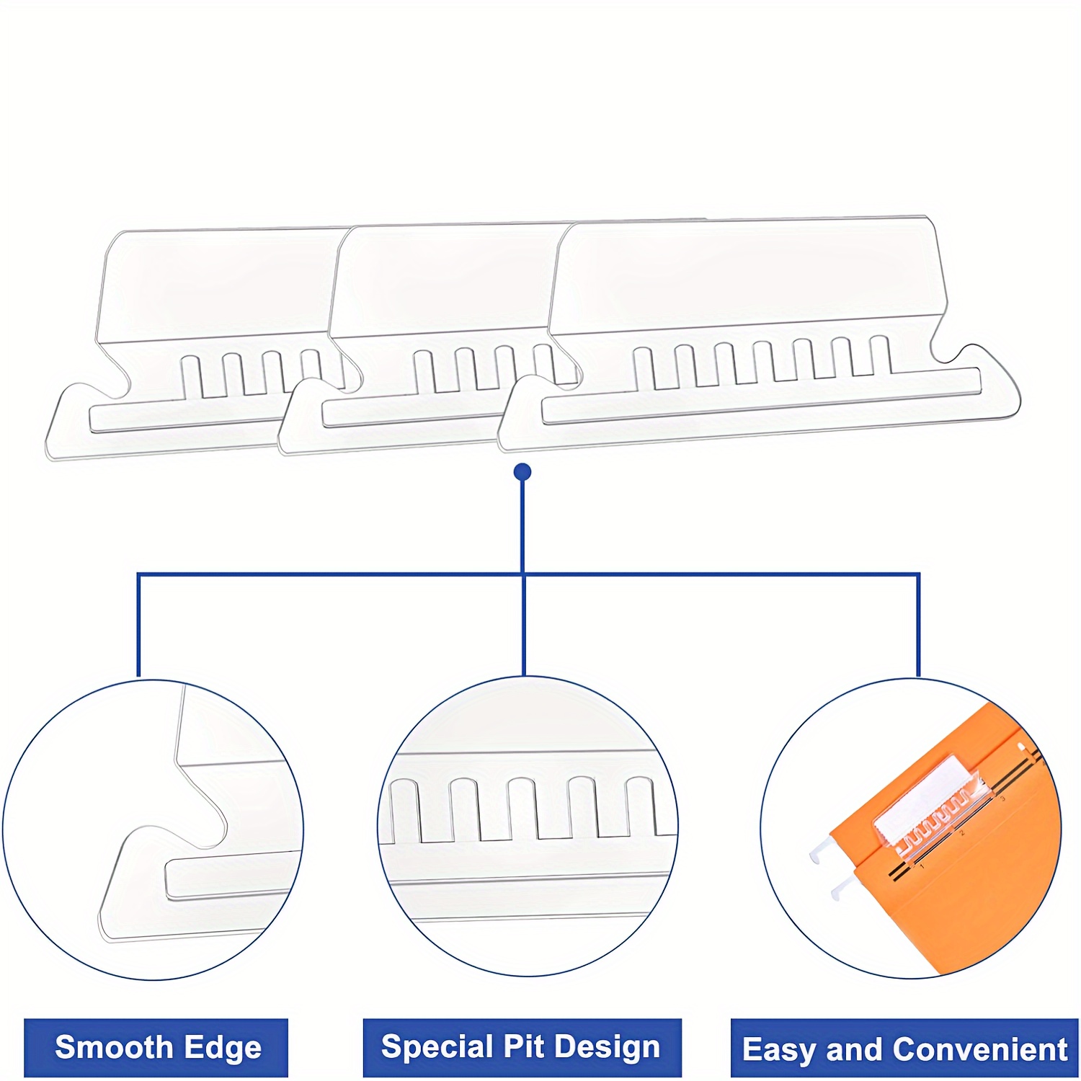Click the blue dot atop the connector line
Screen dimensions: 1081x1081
pos(523,472)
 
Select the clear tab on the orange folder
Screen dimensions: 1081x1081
pos(930,804)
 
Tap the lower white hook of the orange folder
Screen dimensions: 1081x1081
pos(842,891)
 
